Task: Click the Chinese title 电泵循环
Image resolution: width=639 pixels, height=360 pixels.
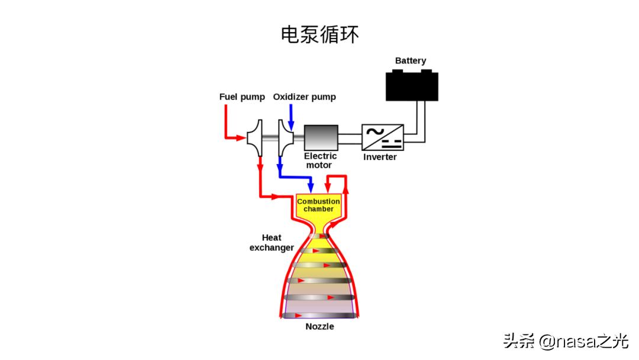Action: click(x=319, y=34)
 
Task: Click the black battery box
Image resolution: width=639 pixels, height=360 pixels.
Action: click(x=412, y=86)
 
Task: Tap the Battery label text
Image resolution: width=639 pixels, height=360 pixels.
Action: click(x=411, y=61)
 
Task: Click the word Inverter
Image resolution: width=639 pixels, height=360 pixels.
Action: click(x=380, y=157)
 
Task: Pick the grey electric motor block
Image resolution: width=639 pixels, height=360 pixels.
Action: click(x=321, y=138)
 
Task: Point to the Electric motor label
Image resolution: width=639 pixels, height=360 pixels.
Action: click(x=321, y=160)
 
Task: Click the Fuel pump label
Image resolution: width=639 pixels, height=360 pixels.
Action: click(x=242, y=97)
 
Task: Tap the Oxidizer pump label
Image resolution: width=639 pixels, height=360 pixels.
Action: click(x=304, y=97)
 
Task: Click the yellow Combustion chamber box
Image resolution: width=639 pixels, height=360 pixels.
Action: click(x=318, y=206)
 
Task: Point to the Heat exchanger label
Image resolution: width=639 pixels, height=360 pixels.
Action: click(x=272, y=243)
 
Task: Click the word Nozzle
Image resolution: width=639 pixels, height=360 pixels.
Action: click(x=319, y=327)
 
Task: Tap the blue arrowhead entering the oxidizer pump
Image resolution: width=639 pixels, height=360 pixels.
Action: click(x=291, y=124)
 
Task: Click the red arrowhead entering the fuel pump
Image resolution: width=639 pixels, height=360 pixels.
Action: click(x=241, y=139)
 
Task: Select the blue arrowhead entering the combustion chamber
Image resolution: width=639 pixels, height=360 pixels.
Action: click(x=310, y=189)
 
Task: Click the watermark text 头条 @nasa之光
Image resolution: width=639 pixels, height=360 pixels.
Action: click(x=566, y=341)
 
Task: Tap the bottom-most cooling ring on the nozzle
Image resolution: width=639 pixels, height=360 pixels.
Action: click(x=319, y=314)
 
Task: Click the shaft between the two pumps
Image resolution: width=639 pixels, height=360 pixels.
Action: click(x=270, y=139)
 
